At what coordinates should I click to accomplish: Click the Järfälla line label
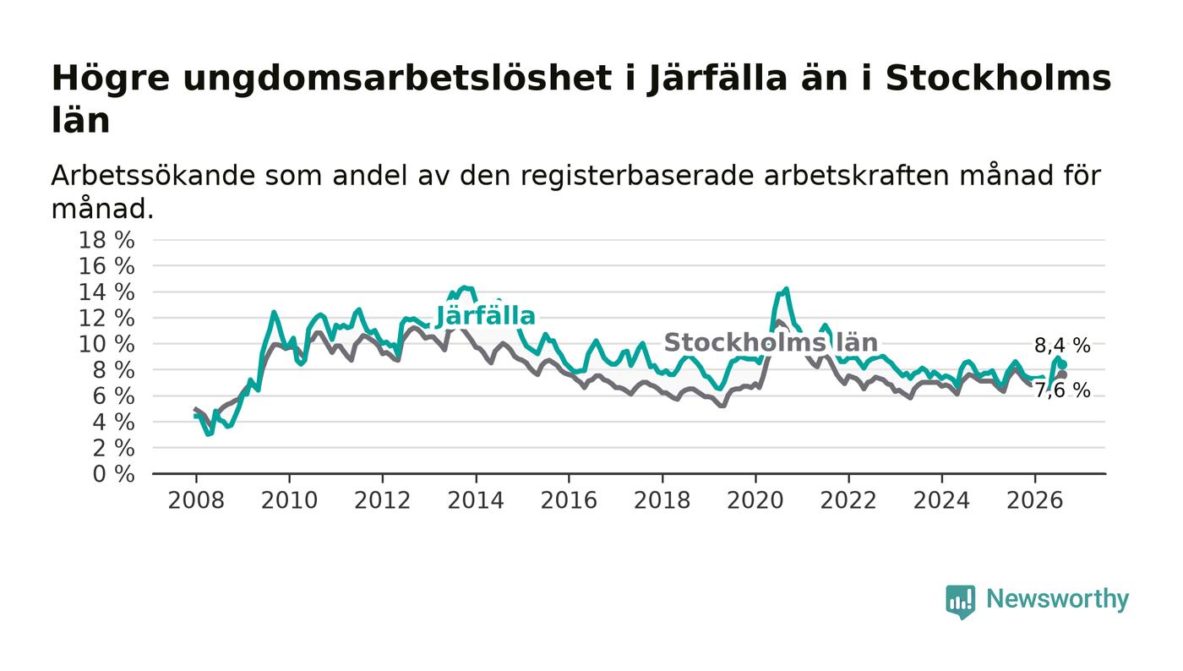pos(485,316)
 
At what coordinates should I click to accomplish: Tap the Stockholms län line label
pos(771,342)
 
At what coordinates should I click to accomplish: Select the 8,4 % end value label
pos(1062,346)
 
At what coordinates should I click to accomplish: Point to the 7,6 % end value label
pos(1062,390)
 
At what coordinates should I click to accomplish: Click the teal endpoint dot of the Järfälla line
pos(1063,364)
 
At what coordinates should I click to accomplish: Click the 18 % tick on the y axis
pos(106,240)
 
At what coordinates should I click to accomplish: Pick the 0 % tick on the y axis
pos(113,474)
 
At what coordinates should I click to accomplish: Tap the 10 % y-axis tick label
pos(106,344)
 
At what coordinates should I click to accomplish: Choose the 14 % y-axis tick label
pos(106,292)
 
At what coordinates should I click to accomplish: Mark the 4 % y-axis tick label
pos(113,423)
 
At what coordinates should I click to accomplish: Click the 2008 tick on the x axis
pos(196,500)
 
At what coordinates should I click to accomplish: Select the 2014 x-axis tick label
pos(476,500)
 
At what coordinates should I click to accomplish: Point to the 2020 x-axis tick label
pos(755,500)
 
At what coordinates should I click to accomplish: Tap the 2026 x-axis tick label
pos(1034,500)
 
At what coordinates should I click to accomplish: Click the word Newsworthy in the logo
pos(1057,599)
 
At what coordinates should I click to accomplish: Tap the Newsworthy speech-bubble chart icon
pos(960,602)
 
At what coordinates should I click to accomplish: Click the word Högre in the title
pos(111,79)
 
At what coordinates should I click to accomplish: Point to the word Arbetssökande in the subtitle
pos(153,176)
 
